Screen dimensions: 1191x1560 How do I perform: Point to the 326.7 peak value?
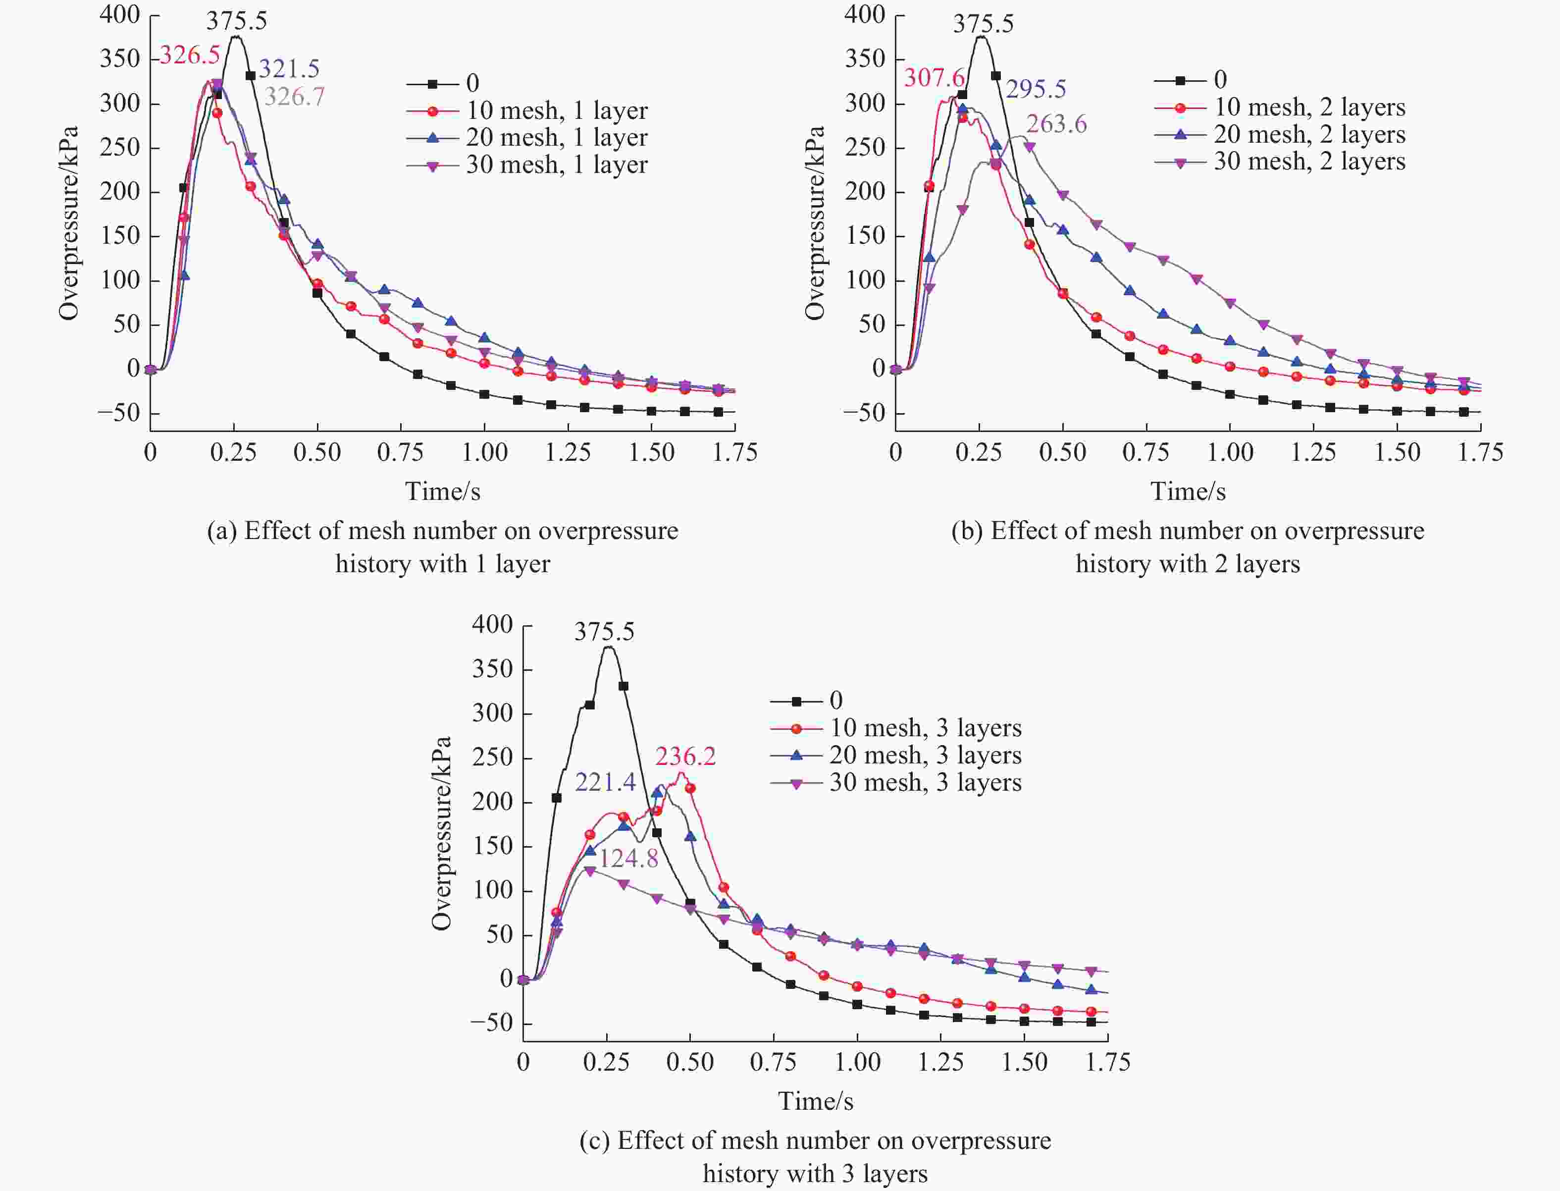[294, 97]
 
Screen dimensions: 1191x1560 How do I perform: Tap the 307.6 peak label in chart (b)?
[934, 78]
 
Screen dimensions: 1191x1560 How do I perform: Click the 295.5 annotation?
[1036, 89]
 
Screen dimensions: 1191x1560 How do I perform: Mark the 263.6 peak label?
[1056, 125]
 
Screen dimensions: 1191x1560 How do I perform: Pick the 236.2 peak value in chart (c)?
[685, 757]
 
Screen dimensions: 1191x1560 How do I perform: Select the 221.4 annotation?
[605, 783]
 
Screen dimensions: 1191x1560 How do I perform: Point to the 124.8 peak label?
[628, 859]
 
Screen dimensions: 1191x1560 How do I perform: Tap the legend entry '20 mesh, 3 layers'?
[925, 756]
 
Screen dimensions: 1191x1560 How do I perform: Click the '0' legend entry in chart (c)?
[835, 701]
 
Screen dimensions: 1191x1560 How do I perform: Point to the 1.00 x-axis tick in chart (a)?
[484, 453]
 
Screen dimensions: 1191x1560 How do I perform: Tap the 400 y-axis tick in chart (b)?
[865, 15]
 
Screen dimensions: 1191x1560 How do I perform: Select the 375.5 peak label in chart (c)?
[604, 632]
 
